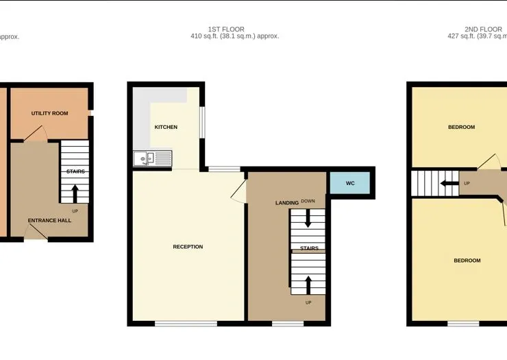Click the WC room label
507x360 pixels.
pyautogui.click(x=350, y=183)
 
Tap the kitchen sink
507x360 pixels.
pyautogui.click(x=152, y=158)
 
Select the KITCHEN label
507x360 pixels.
pyautogui.click(x=166, y=128)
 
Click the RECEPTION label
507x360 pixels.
pyautogui.click(x=188, y=247)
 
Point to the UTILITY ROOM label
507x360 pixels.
pyautogui.click(x=49, y=113)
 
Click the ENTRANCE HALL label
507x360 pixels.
pyautogui.click(x=49, y=221)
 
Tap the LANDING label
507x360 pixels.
pyautogui.click(x=287, y=203)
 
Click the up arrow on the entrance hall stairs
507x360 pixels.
pyautogui.click(x=75, y=193)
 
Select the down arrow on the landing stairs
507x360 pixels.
pyautogui.click(x=308, y=218)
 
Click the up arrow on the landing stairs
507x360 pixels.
pyautogui.click(x=308, y=285)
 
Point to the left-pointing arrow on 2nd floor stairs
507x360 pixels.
pyautogui.click(x=449, y=184)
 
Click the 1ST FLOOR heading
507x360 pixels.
pyautogui.click(x=226, y=29)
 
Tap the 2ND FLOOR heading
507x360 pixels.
pyautogui.click(x=484, y=29)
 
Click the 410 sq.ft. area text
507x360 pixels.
pyautogui.click(x=204, y=36)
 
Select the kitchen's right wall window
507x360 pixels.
pyautogui.click(x=202, y=122)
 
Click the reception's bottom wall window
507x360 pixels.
pyautogui.click(x=186, y=324)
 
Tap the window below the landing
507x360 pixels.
pyautogui.click(x=288, y=324)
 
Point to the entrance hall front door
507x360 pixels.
pyautogui.click(x=36, y=232)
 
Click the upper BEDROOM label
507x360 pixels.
pyautogui.click(x=461, y=128)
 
